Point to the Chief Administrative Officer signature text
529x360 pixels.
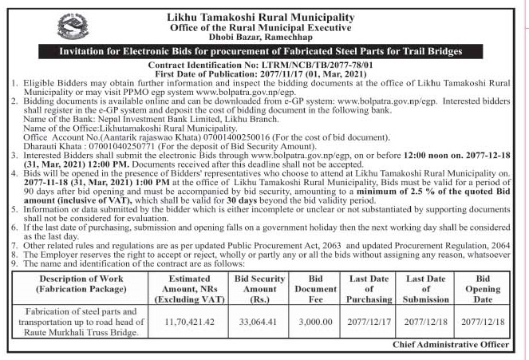(x=451, y=345)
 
